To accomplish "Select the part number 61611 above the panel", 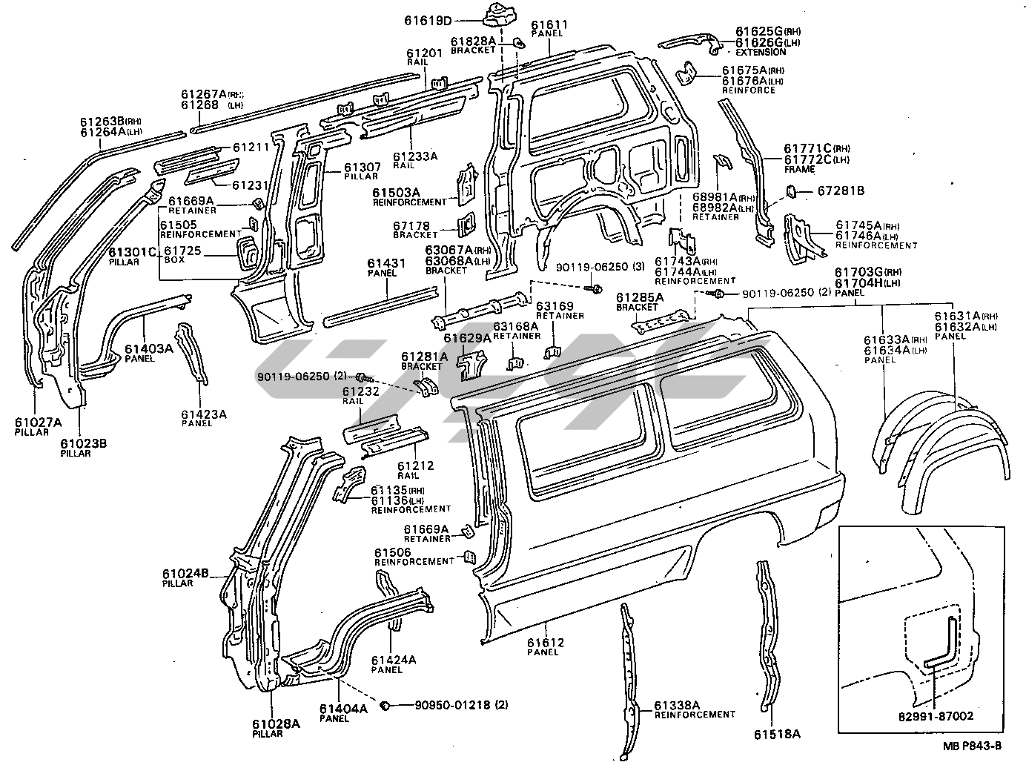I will point(549,25).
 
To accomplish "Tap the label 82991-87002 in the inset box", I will point(936,716).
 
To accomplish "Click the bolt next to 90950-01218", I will point(386,705).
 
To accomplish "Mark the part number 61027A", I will point(37,423).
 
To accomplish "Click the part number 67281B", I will point(841,191).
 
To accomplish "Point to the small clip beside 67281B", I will point(790,192).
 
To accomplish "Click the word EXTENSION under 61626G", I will point(761,53).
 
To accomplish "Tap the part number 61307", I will point(362,167).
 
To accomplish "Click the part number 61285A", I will point(641,297).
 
